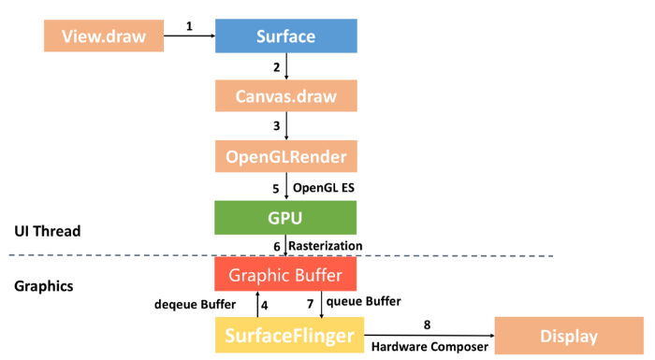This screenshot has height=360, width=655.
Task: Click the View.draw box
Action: pyautogui.click(x=103, y=36)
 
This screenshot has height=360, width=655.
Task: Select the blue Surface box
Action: pyautogui.click(x=285, y=36)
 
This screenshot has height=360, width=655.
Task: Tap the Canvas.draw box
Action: pyautogui.click(x=285, y=96)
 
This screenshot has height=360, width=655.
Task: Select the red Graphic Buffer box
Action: pyautogui.click(x=285, y=276)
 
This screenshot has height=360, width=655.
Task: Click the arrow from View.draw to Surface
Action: pyautogui.click(x=189, y=37)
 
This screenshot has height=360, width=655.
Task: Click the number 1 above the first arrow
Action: pyautogui.click(x=189, y=26)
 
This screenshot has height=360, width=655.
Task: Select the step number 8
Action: pyautogui.click(x=428, y=324)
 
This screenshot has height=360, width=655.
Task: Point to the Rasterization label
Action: pyautogui.click(x=325, y=246)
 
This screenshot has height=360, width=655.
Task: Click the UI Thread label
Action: pyautogui.click(x=50, y=231)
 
